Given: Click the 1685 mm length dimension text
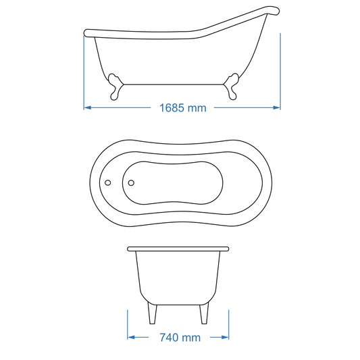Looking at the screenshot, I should pyautogui.click(x=182, y=107).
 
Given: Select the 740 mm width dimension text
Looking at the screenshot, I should pyautogui.click(x=179, y=337).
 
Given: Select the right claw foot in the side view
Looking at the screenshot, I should pyautogui.click(x=231, y=87).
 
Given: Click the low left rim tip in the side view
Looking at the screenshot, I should pyautogui.click(x=86, y=32).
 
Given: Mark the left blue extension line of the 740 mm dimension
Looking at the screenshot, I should pyautogui.click(x=128, y=324).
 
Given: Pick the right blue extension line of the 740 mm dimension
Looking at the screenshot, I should pyautogui.click(x=230, y=324).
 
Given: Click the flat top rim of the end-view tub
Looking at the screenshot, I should pyautogui.click(x=179, y=249).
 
